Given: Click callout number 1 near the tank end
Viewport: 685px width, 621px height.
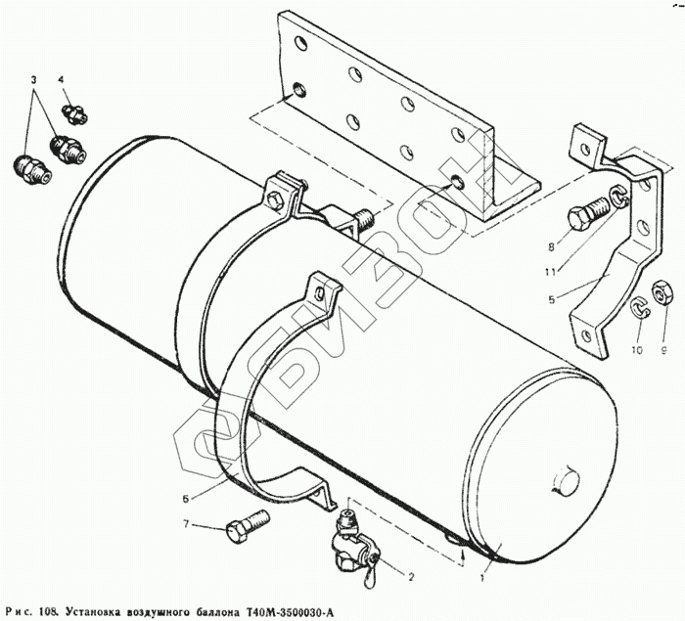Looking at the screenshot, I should [482, 578].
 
